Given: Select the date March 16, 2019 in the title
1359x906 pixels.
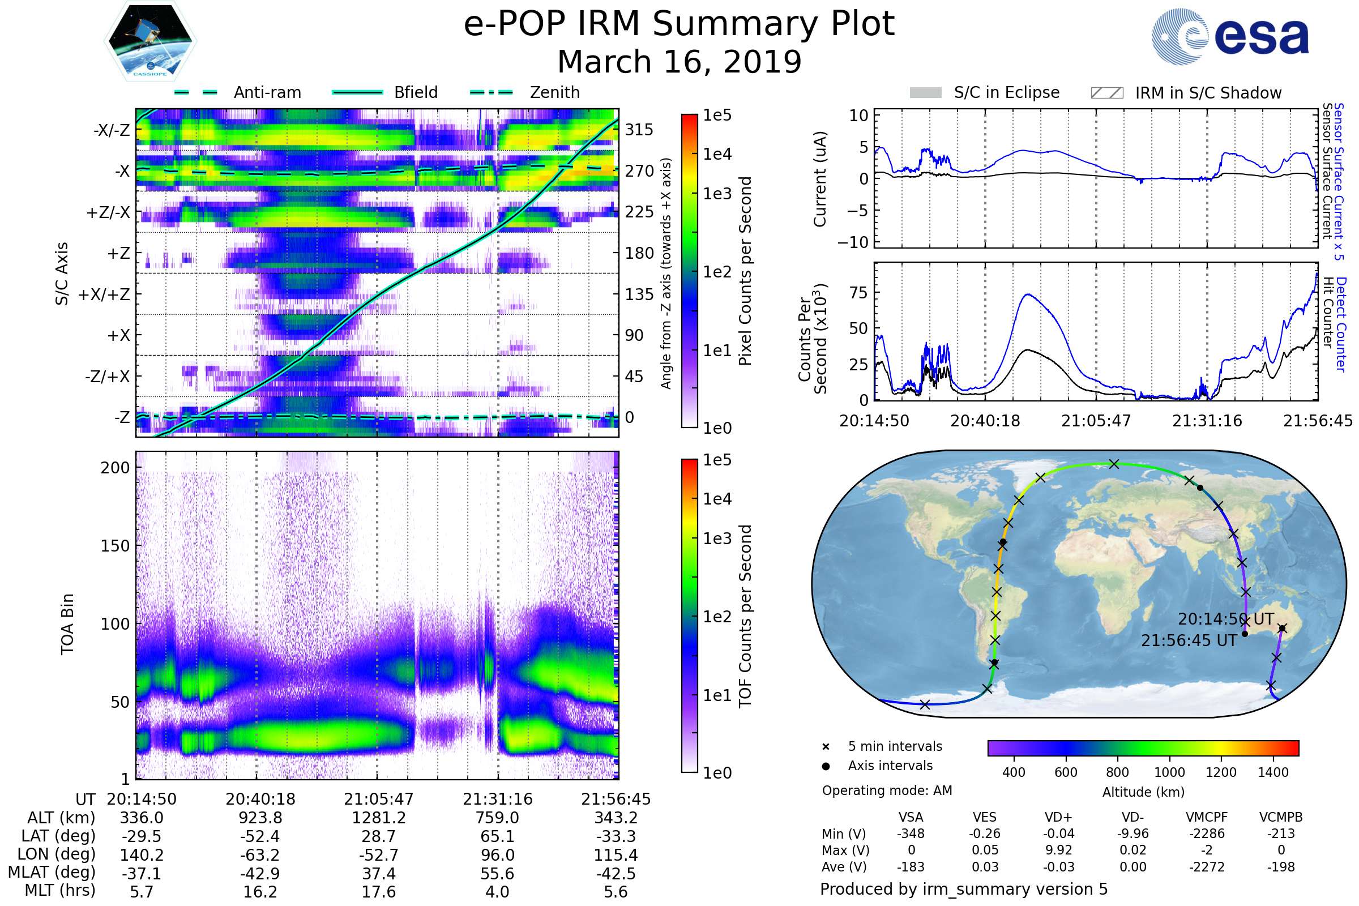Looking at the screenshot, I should [x=679, y=62].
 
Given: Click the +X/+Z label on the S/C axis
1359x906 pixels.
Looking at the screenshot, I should [x=104, y=294].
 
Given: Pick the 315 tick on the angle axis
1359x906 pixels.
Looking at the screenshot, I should [x=639, y=130].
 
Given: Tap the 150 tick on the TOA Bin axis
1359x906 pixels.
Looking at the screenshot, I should [x=115, y=546].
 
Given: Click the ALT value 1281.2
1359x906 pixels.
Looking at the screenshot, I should [x=378, y=818].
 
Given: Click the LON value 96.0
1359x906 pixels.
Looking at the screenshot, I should [x=497, y=855].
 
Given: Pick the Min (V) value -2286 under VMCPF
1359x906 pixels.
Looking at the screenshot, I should [x=1206, y=834].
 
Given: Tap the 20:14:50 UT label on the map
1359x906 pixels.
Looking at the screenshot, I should [x=1225, y=619].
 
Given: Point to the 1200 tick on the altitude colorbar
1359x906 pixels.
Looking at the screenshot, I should [x=1220, y=772].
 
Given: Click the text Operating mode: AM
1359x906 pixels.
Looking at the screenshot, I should [x=886, y=790].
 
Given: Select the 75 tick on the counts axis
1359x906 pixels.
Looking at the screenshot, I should [x=858, y=293].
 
